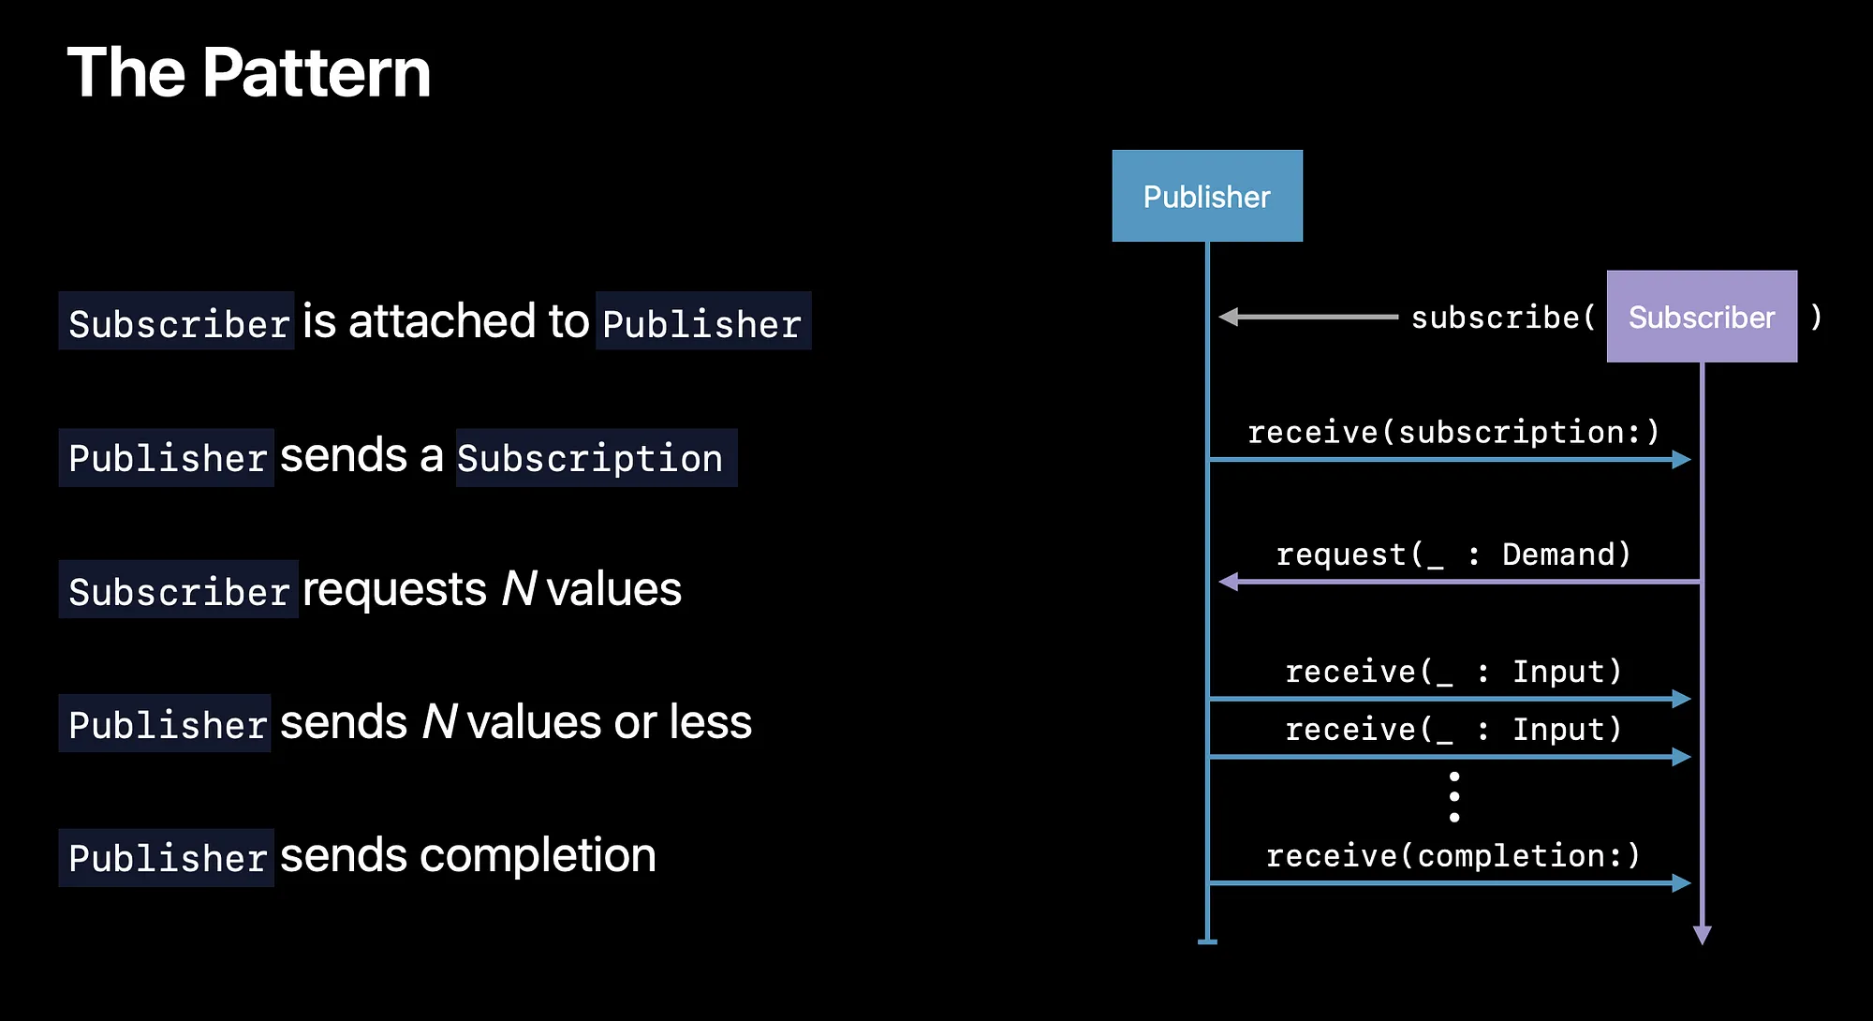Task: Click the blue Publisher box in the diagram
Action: click(1206, 196)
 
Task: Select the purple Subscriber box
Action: click(1701, 317)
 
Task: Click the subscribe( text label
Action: click(1503, 318)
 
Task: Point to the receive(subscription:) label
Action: click(1453, 432)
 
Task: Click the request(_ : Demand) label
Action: click(1453, 555)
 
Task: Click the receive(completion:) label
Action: click(1453, 855)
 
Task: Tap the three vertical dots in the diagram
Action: click(1453, 797)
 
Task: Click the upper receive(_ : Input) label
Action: click(1453, 672)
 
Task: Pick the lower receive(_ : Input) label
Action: click(1453, 729)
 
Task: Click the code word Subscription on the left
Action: click(590, 458)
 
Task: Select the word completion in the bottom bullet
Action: click(538, 855)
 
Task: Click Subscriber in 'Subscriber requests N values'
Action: click(179, 591)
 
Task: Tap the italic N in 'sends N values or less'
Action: click(438, 722)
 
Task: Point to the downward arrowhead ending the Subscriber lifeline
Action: click(1702, 934)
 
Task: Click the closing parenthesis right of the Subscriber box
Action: click(1816, 317)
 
